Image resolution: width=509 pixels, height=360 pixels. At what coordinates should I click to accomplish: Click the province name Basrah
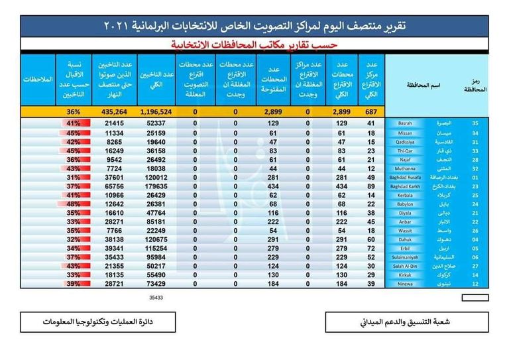pos(401,124)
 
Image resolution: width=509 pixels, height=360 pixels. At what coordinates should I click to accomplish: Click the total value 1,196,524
pos(156,112)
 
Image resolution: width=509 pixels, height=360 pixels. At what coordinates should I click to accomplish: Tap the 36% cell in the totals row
pos(73,112)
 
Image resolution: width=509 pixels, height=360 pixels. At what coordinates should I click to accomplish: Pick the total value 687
pos(370,112)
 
